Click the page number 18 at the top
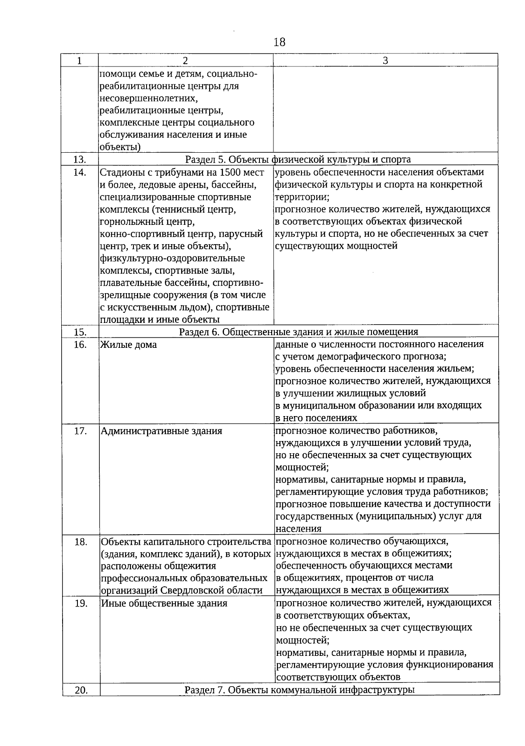coord(279,42)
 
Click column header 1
coord(79,61)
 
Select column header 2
coord(185,61)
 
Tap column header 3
coord(385,61)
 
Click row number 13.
coord(80,159)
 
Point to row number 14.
coord(80,172)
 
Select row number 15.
coord(80,332)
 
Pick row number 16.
coord(80,345)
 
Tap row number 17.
coord(80,431)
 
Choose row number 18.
coord(80,542)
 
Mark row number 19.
coord(80,603)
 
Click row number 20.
coord(81,690)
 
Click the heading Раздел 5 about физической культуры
coord(298,159)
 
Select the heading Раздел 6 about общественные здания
coord(299,332)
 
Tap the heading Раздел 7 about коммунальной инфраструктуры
coord(300,690)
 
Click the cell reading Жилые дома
coord(129,345)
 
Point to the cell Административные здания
coord(162,431)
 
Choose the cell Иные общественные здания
coord(164,603)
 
